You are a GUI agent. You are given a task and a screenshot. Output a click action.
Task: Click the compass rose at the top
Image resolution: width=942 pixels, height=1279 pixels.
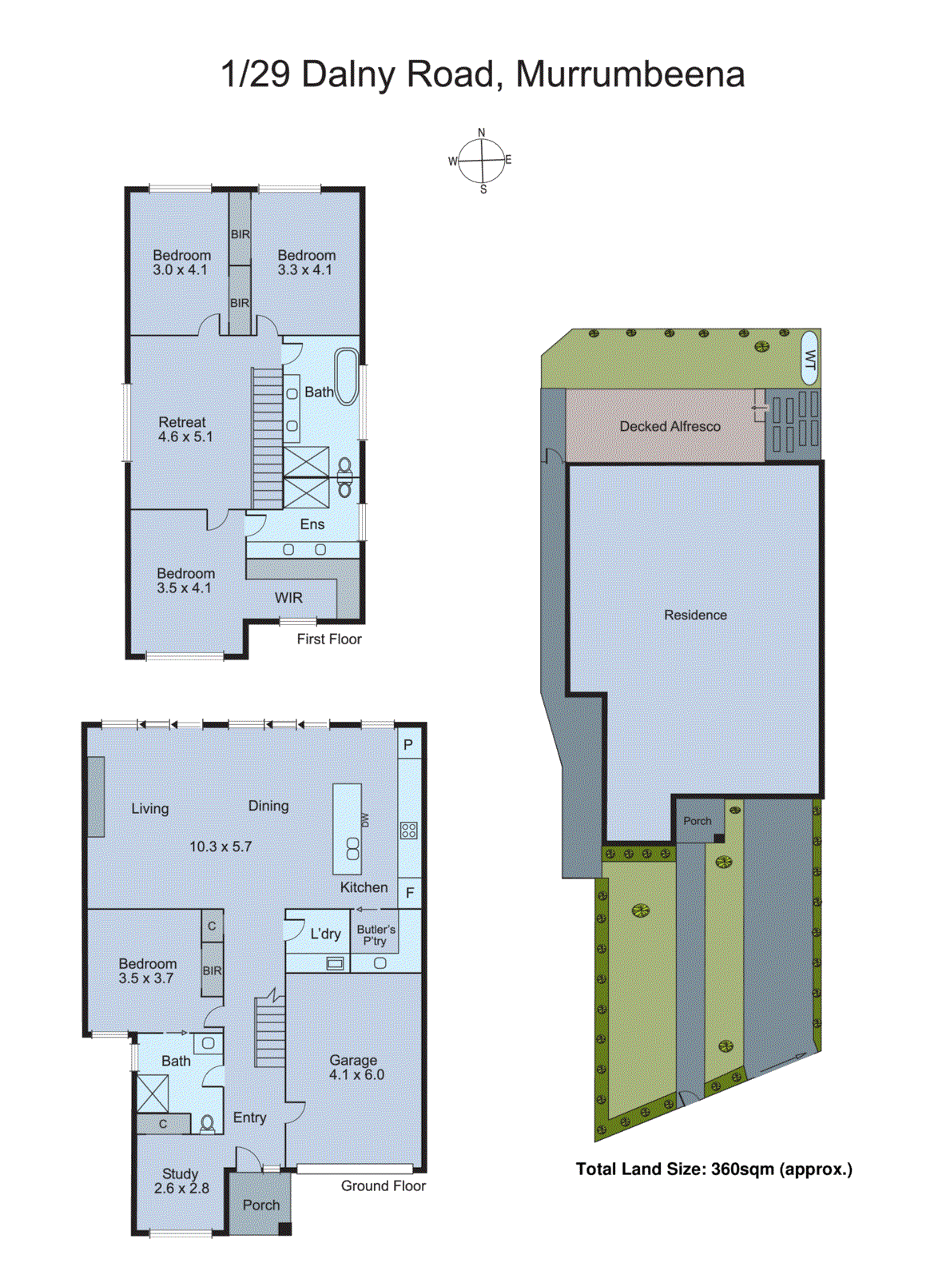pyautogui.click(x=482, y=161)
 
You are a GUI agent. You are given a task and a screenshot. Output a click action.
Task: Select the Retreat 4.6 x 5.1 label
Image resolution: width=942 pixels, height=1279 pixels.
pyautogui.click(x=185, y=429)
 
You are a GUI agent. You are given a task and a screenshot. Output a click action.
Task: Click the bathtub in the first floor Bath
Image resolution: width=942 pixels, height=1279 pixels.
pyautogui.click(x=346, y=377)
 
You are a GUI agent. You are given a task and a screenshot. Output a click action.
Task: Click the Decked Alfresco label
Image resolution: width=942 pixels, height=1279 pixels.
pyautogui.click(x=670, y=427)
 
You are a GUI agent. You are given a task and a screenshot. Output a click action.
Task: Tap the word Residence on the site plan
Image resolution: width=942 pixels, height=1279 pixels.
pyautogui.click(x=695, y=615)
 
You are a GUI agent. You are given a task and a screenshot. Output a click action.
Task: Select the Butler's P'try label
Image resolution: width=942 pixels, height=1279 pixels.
pyautogui.click(x=376, y=935)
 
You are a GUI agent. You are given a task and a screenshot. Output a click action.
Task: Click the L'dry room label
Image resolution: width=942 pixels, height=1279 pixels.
pyautogui.click(x=325, y=934)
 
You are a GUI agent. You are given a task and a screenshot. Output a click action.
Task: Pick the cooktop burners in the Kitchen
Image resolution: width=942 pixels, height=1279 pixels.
pyautogui.click(x=408, y=831)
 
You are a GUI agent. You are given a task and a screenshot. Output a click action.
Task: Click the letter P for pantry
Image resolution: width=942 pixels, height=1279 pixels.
pyautogui.click(x=407, y=745)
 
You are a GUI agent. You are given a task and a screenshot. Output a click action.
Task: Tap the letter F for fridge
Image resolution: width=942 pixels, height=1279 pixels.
pyautogui.click(x=409, y=893)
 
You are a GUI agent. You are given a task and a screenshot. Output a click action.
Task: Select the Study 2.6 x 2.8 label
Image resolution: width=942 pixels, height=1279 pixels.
pyautogui.click(x=181, y=1181)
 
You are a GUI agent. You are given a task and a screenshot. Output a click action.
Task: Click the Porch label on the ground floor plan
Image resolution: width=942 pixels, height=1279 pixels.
pyautogui.click(x=260, y=1205)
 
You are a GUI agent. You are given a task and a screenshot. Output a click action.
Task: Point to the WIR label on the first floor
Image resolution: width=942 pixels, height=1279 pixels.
pyautogui.click(x=288, y=598)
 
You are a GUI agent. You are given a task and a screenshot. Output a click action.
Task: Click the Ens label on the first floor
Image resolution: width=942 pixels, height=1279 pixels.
pyautogui.click(x=312, y=524)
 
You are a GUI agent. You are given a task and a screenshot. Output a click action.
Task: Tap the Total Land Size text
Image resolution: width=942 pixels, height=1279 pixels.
pyautogui.click(x=713, y=1169)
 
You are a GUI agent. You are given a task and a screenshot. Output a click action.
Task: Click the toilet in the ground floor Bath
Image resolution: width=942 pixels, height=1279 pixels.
pyautogui.click(x=207, y=1124)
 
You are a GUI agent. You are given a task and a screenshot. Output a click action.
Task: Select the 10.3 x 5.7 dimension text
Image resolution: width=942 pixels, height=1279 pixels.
pyautogui.click(x=220, y=847)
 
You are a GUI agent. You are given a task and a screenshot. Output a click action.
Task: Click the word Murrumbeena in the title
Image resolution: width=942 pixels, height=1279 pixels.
pyautogui.click(x=630, y=74)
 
